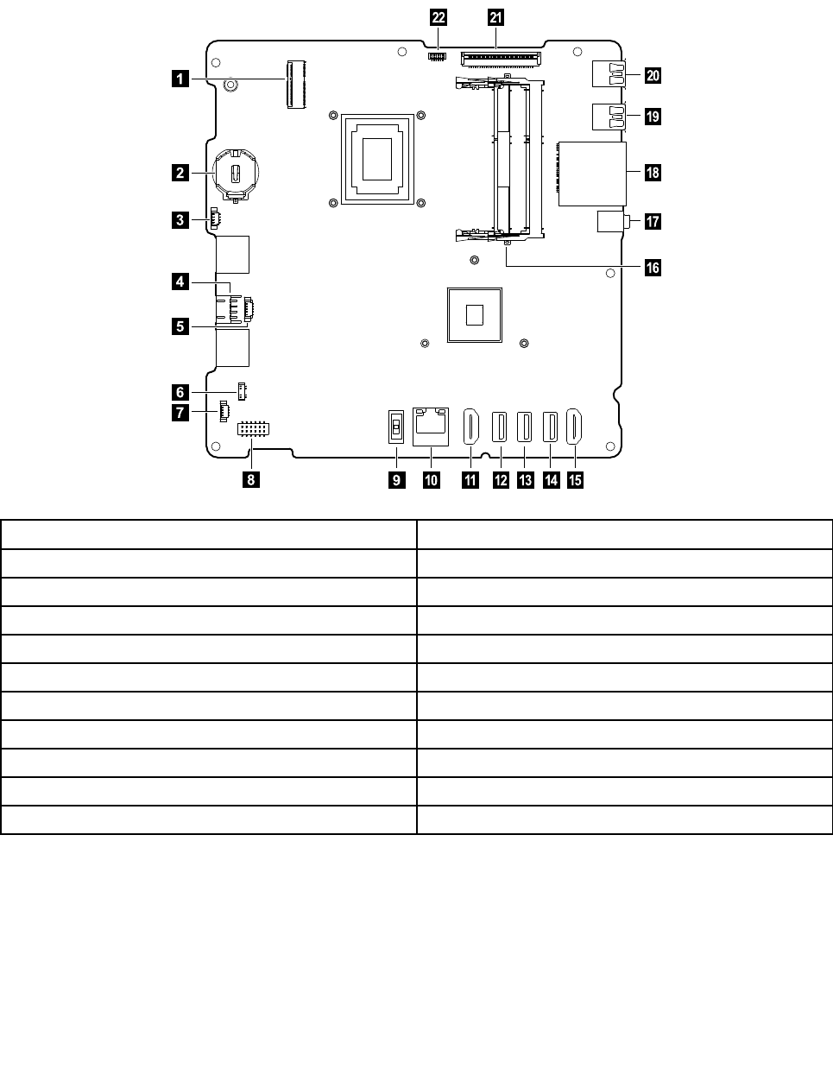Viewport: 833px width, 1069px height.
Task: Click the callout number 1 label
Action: click(180, 79)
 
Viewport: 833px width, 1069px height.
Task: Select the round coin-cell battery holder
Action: click(236, 174)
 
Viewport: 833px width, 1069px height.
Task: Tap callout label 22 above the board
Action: click(439, 18)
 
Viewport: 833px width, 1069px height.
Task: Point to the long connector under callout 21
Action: click(501, 59)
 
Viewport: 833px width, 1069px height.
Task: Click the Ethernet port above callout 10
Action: click(430, 427)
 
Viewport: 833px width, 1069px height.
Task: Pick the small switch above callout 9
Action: click(396, 427)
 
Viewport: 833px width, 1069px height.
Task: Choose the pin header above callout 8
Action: click(253, 429)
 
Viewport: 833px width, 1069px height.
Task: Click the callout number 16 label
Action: click(653, 268)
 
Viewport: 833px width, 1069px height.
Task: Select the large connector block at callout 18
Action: click(592, 174)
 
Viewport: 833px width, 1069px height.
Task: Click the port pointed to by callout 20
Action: click(609, 73)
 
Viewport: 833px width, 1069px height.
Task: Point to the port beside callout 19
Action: click(609, 117)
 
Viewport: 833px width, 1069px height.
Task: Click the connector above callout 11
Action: click(471, 427)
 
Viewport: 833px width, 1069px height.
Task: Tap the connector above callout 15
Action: click(574, 427)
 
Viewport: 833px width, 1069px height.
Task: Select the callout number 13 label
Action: click(525, 479)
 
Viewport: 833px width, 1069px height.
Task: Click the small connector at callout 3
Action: click(215, 218)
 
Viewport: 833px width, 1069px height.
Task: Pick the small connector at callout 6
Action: click(242, 391)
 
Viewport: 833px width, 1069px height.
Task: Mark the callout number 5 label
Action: click(180, 326)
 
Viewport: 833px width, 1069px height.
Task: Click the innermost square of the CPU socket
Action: click(377, 160)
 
